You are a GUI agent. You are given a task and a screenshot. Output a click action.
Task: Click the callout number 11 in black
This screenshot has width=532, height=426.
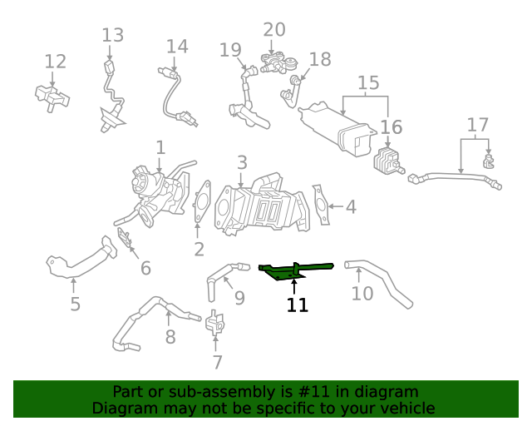pyautogui.click(x=298, y=305)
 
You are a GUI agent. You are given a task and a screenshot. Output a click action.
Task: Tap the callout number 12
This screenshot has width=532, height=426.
pyautogui.click(x=55, y=62)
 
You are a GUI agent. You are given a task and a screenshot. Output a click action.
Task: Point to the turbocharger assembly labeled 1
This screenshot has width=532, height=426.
pyautogui.click(x=154, y=187)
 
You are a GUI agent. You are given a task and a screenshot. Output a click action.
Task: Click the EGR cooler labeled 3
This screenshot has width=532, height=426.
pyautogui.click(x=258, y=204)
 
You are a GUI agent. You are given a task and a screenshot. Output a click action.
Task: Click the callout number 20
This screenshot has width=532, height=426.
pyautogui.click(x=274, y=30)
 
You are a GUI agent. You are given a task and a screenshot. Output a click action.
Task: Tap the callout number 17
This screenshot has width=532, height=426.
pyautogui.click(x=477, y=126)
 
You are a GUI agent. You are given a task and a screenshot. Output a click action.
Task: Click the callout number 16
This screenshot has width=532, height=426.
pyautogui.click(x=391, y=127)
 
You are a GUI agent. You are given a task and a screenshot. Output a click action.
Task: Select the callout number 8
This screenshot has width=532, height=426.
pyautogui.click(x=170, y=337)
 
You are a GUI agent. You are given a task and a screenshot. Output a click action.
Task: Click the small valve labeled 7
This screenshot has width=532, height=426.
pyautogui.click(x=216, y=323)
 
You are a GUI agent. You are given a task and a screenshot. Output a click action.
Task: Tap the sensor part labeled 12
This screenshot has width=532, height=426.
pyautogui.click(x=52, y=96)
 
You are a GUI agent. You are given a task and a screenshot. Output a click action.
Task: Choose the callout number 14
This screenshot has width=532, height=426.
pyautogui.click(x=177, y=47)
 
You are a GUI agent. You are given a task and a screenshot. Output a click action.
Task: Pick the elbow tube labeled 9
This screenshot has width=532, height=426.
pyautogui.click(x=220, y=275)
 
